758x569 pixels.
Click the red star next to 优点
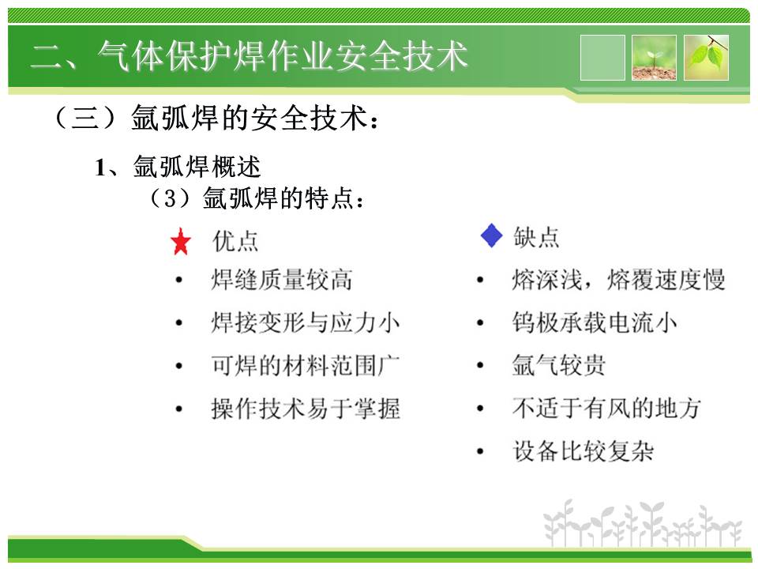click(181, 242)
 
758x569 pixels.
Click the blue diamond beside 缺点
click(492, 236)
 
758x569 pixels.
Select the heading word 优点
click(235, 241)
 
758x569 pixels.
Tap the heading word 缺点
click(536, 237)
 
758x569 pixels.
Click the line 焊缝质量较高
click(282, 280)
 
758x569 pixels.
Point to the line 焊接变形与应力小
click(306, 322)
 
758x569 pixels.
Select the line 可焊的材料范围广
click(306, 365)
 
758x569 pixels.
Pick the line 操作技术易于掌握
click(306, 409)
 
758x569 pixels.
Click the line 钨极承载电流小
click(595, 322)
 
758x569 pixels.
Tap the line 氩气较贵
click(559, 365)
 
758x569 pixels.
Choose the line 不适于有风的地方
click(606, 408)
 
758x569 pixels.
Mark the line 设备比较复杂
click(583, 451)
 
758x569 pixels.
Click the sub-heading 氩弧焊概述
click(197, 167)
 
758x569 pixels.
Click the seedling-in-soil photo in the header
click(654, 58)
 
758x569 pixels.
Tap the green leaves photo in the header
click(706, 58)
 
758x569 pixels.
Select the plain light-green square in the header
click(602, 58)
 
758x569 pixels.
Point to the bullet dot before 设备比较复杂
click(480, 451)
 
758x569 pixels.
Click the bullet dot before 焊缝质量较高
click(179, 280)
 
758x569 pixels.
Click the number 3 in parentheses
click(171, 198)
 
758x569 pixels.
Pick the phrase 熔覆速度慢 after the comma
click(666, 280)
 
